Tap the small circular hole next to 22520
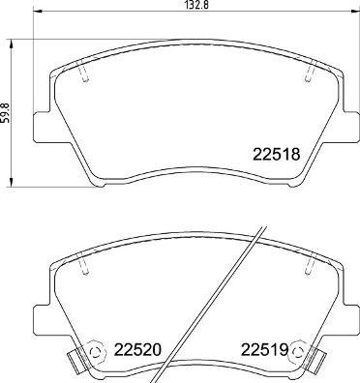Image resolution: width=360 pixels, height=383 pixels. click(95, 351)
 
